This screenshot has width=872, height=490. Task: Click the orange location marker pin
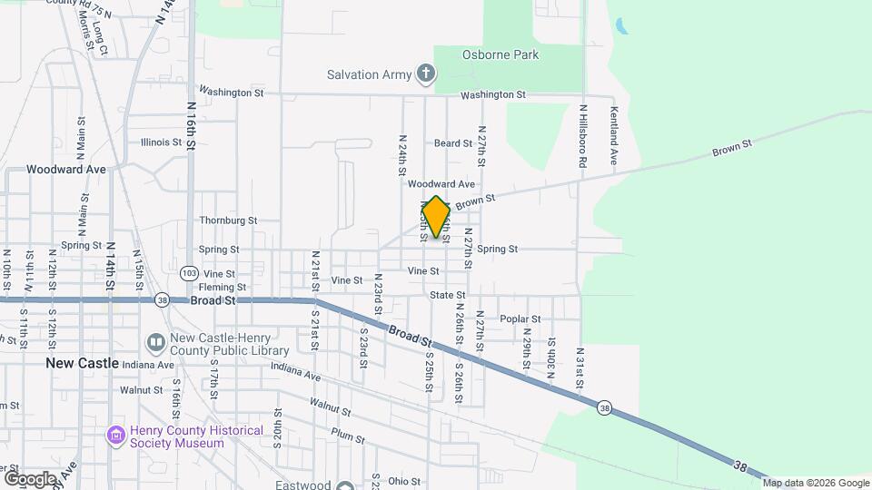437,217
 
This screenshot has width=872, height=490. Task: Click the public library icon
155,343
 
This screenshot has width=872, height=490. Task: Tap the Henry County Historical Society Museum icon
115,436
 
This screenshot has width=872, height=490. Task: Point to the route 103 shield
189,272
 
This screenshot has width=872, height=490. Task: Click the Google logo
30,478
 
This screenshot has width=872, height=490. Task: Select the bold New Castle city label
83,363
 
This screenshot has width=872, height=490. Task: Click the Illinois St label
162,142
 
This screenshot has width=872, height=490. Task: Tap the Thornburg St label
228,220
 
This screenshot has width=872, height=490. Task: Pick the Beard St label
452,143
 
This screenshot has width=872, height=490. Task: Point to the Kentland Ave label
614,135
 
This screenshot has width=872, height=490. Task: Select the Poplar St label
520,319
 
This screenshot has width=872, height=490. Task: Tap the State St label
447,295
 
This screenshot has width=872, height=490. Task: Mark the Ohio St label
405,482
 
